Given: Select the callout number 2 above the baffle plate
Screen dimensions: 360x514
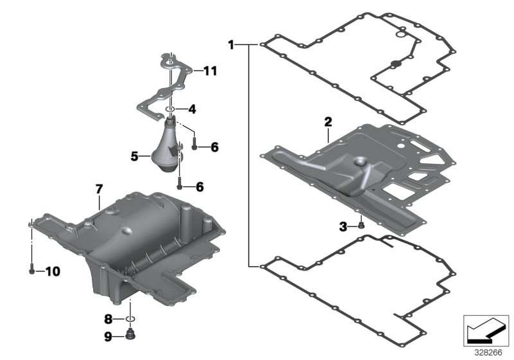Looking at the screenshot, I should click(x=328, y=122).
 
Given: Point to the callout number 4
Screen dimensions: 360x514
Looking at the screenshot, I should click(x=191, y=109).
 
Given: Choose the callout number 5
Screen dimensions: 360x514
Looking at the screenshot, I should click(x=134, y=156).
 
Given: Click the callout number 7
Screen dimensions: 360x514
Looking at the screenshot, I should click(x=99, y=189).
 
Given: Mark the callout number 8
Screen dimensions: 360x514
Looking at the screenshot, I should click(x=109, y=318).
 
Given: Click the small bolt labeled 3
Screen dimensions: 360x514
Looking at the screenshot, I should click(x=362, y=225).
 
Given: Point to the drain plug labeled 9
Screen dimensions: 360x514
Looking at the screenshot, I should click(x=132, y=334).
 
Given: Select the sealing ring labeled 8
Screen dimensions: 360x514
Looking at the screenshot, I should click(x=131, y=318).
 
